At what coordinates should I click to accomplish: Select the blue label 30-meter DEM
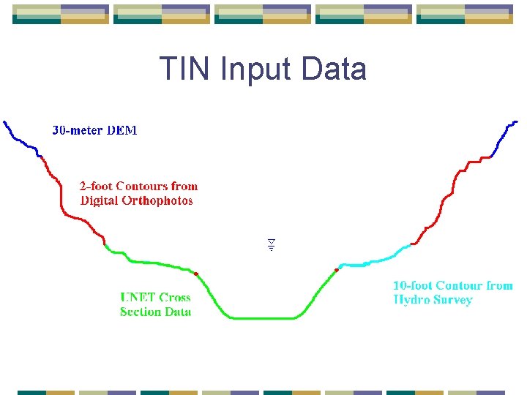[x=94, y=131]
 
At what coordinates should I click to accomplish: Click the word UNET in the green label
[x=138, y=298]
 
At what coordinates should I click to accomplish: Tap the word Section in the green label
[x=140, y=312]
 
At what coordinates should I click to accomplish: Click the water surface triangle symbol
[x=270, y=244]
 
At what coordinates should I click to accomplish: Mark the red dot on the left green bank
[x=196, y=274]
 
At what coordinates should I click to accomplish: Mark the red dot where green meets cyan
[x=337, y=270]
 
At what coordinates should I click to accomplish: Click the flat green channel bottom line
[x=263, y=318]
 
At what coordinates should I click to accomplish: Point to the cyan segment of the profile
[x=373, y=260]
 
